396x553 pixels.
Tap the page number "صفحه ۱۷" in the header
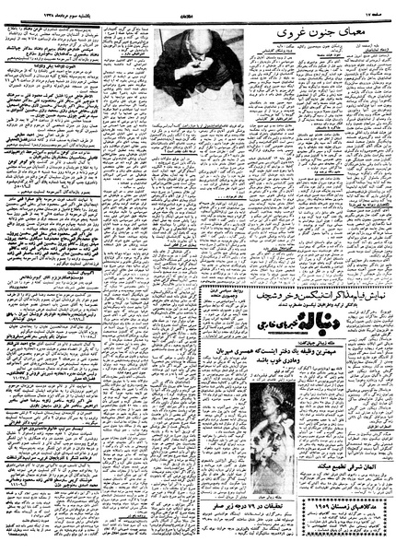[x=374, y=7]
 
